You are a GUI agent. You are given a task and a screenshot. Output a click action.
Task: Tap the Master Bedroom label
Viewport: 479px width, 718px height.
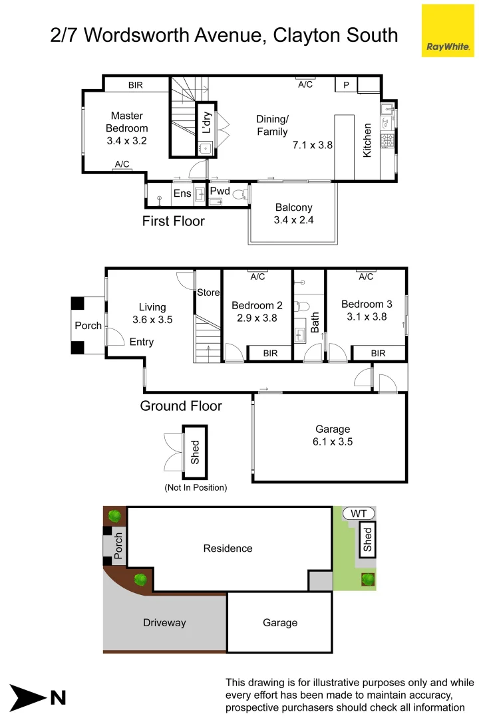click(126, 128)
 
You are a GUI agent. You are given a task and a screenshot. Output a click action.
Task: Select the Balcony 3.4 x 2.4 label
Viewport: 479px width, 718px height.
click(293, 214)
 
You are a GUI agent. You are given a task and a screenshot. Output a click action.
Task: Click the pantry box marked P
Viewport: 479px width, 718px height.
click(346, 85)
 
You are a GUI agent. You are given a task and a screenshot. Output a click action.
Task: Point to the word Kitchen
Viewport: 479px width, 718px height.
click(367, 140)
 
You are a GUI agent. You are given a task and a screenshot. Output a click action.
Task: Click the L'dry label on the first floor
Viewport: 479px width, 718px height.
click(206, 122)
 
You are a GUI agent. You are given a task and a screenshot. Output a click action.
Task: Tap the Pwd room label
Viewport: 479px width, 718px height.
click(220, 191)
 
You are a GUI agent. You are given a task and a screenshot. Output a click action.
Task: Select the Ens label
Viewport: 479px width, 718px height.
click(182, 194)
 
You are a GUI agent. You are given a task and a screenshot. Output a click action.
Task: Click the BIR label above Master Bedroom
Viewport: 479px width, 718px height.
click(136, 85)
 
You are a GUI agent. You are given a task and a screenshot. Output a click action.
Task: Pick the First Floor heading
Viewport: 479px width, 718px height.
click(173, 221)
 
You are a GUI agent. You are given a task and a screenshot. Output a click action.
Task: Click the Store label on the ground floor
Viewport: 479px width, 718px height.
click(208, 293)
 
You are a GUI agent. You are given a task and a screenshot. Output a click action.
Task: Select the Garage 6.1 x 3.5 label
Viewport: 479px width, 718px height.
click(333, 435)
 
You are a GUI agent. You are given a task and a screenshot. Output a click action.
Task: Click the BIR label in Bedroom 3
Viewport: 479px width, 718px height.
click(378, 354)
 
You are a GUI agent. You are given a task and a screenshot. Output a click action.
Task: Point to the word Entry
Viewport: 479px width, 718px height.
click(142, 342)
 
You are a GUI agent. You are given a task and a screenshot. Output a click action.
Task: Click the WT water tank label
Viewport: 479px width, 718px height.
click(359, 514)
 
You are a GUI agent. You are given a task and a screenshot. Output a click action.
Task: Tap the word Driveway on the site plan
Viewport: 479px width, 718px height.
click(164, 623)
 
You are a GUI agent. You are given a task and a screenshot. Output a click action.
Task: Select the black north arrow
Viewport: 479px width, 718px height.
click(27, 697)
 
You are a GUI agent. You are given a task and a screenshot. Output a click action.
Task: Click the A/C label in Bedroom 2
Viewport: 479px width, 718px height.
click(257, 277)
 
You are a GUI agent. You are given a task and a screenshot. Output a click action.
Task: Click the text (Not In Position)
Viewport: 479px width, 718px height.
click(196, 487)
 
